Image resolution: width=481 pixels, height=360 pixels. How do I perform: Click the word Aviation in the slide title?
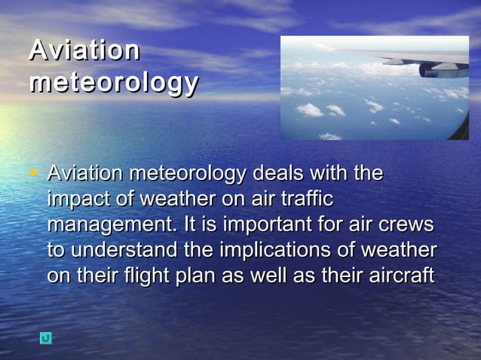[84, 50]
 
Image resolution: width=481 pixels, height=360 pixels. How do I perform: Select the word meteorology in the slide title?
[113, 82]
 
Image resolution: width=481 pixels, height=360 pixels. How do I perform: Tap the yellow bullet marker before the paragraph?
[32, 174]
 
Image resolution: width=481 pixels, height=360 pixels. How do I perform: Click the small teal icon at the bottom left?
[46, 338]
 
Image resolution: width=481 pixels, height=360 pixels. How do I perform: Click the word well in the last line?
[265, 276]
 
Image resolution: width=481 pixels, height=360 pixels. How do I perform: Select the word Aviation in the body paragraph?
[85, 174]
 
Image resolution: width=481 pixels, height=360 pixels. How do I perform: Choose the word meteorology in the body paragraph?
[188, 174]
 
